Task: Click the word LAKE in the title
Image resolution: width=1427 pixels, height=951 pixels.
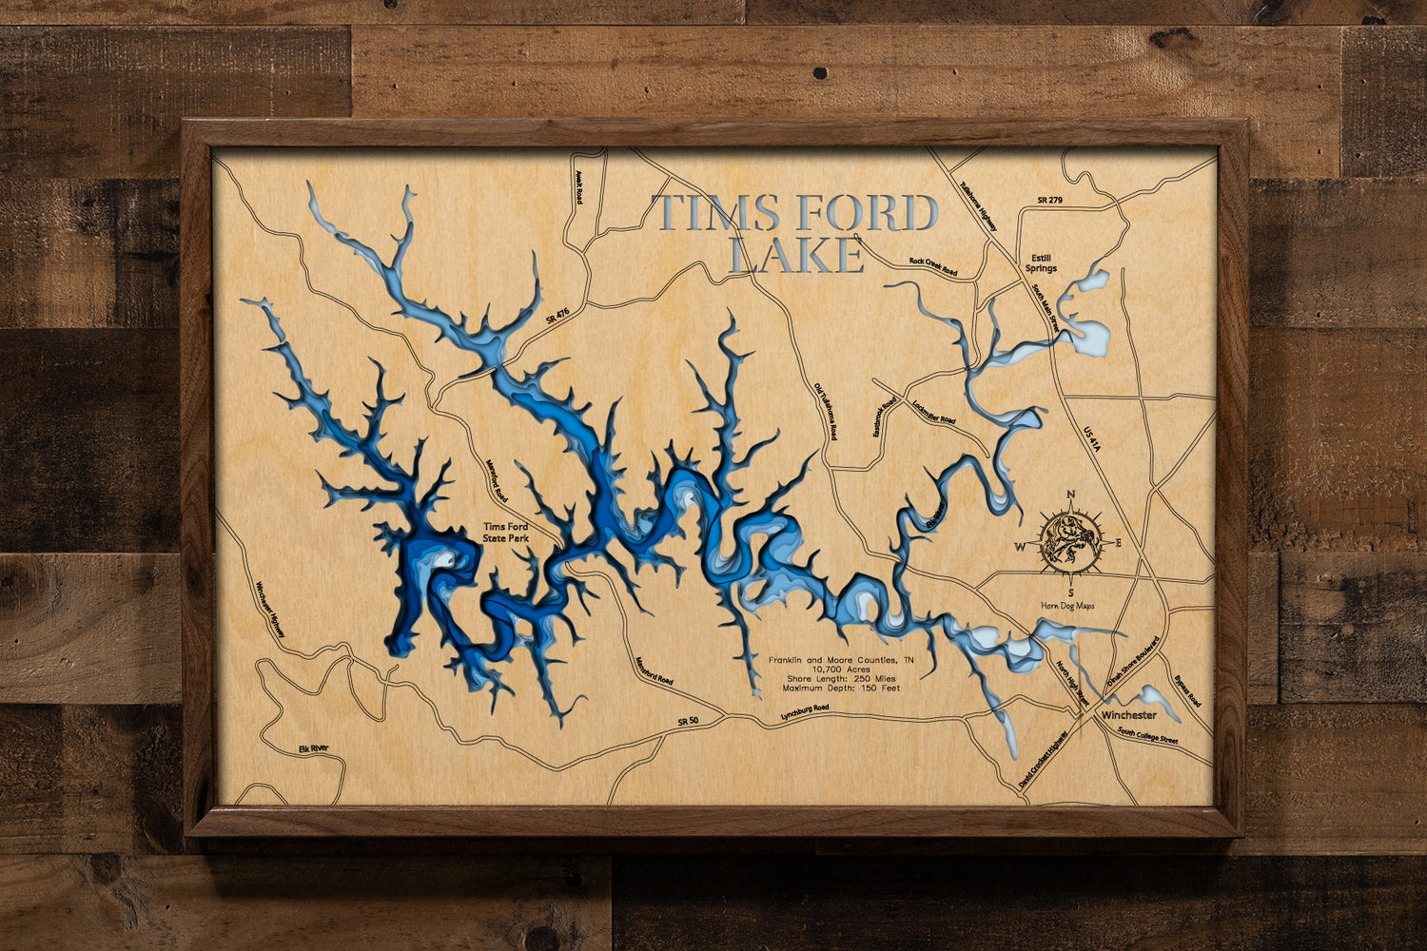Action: (795, 255)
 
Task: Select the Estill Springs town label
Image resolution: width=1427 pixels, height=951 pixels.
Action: (1041, 263)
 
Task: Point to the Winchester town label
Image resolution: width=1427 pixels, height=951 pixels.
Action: (1129, 714)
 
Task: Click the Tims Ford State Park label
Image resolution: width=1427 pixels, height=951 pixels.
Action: (505, 533)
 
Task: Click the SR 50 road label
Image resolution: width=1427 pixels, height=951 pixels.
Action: (688, 722)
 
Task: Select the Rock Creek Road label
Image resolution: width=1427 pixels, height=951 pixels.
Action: (932, 266)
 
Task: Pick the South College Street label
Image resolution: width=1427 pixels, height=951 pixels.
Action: (1147, 736)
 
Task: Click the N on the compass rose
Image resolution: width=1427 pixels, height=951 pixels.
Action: (1071, 495)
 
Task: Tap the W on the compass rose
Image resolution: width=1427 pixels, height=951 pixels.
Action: (1020, 546)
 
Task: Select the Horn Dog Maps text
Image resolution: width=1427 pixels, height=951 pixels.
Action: (1070, 605)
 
